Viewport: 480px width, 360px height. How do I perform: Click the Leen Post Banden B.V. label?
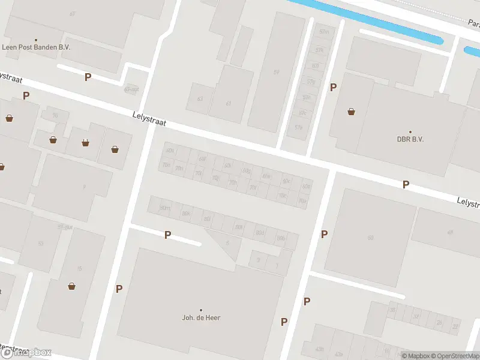pyautogui.click(x=35, y=47)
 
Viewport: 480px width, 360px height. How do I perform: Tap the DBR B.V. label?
pyautogui.click(x=410, y=139)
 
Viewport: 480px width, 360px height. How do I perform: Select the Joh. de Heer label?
pyautogui.click(x=201, y=317)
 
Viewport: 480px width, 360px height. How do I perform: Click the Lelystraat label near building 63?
pyautogui.click(x=149, y=119)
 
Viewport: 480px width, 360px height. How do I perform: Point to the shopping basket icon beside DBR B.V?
pyautogui.click(x=351, y=111)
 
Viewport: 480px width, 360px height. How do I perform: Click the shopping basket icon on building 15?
pyautogui.click(x=72, y=286)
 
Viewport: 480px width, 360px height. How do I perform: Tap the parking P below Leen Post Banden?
pyautogui.click(x=88, y=77)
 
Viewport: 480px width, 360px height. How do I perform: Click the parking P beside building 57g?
pyautogui.click(x=333, y=88)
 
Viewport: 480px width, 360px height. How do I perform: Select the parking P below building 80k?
pyautogui.click(x=168, y=235)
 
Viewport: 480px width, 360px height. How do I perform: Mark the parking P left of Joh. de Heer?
pyautogui.click(x=119, y=289)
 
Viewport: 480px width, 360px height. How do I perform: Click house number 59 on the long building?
pyautogui.click(x=277, y=73)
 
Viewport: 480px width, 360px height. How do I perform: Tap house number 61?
pyautogui.click(x=229, y=103)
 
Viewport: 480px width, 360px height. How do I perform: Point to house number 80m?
pyautogui.click(x=164, y=208)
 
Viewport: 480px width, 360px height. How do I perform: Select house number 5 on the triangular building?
pyautogui.click(x=227, y=242)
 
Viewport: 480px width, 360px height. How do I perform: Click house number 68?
pyautogui.click(x=370, y=238)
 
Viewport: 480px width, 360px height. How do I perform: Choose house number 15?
pyautogui.click(x=79, y=268)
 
